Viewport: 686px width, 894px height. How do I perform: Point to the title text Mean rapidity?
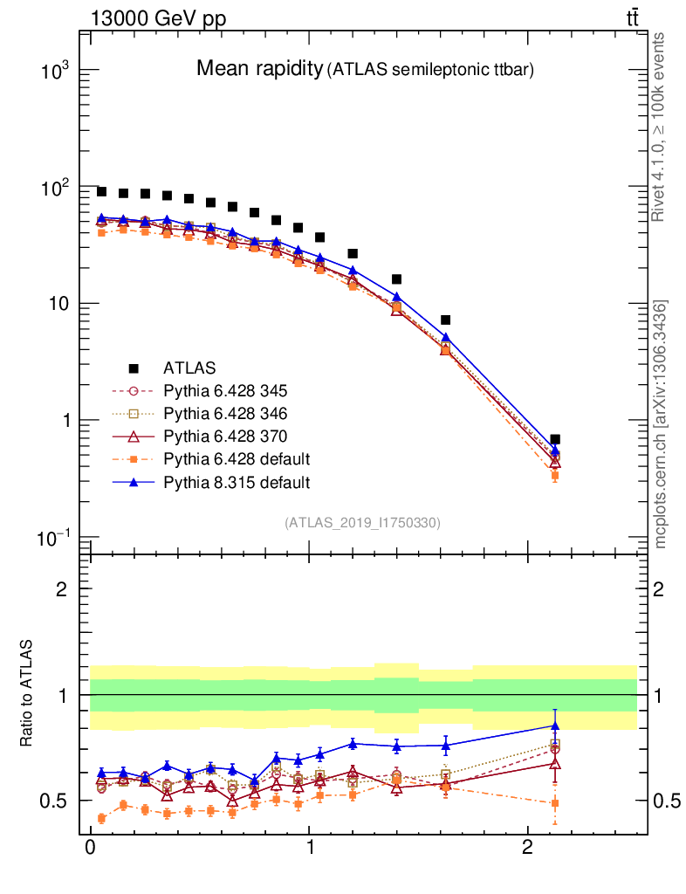259,68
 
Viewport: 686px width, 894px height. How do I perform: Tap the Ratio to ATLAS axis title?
27,695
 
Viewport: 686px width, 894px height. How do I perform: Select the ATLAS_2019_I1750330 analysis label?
362,523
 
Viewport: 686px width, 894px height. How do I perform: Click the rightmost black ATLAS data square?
555,439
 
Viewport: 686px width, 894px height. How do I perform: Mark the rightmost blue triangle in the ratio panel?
555,726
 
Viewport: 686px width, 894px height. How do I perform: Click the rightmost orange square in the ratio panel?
555,803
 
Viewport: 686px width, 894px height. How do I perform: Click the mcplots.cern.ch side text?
661,424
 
